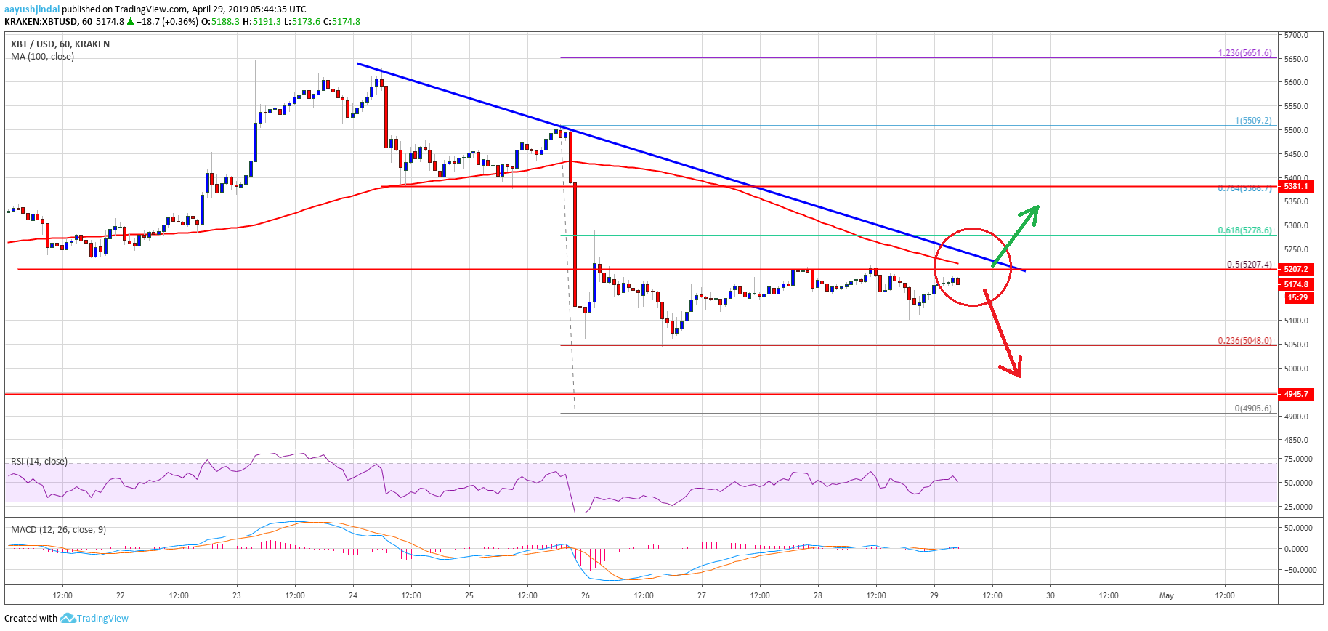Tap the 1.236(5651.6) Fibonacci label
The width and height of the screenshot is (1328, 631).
click(x=1244, y=53)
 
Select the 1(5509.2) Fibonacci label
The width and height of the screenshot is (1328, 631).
click(x=1253, y=121)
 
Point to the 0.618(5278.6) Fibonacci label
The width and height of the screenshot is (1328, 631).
click(x=1244, y=230)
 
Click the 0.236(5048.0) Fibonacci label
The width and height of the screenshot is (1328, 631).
click(x=1244, y=341)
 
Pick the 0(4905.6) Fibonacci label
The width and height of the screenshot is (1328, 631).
click(x=1253, y=409)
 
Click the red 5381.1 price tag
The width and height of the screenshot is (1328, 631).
click(x=1296, y=186)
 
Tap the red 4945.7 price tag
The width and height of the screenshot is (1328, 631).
click(x=1296, y=394)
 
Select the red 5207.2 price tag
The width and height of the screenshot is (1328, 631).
click(x=1296, y=269)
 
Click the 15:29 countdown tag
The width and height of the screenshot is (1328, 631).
click(x=1297, y=297)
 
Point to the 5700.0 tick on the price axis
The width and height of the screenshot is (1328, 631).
click(x=1296, y=35)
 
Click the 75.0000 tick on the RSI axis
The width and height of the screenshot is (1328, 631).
click(x=1297, y=459)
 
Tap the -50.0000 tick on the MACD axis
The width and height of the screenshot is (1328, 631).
click(x=1299, y=570)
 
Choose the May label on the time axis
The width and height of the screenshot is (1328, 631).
click(x=1166, y=595)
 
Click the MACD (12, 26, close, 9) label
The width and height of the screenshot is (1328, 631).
click(x=58, y=529)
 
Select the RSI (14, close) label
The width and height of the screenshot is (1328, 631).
click(x=39, y=462)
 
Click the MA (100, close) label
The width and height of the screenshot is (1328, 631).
click(x=42, y=57)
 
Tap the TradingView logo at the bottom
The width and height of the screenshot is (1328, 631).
click(x=94, y=619)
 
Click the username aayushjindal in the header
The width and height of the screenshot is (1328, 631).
click(x=32, y=9)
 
